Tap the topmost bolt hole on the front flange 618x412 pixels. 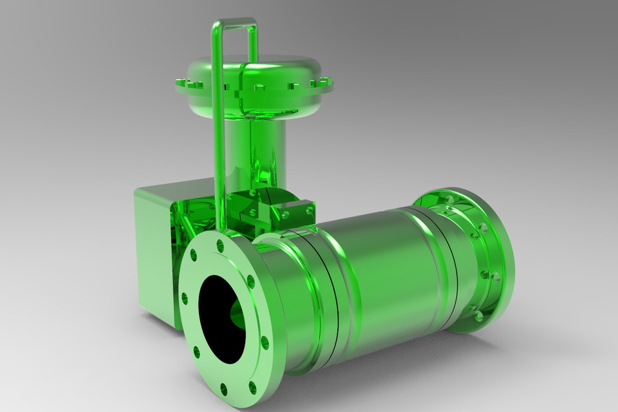[x=221, y=245]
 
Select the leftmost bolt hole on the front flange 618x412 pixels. [x=185, y=298]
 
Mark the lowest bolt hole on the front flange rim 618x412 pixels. [x=223, y=388]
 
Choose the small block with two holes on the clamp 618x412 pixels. [x=297, y=211]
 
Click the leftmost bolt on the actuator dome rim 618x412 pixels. [x=178, y=81]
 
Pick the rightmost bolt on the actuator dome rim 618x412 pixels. [x=329, y=82]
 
